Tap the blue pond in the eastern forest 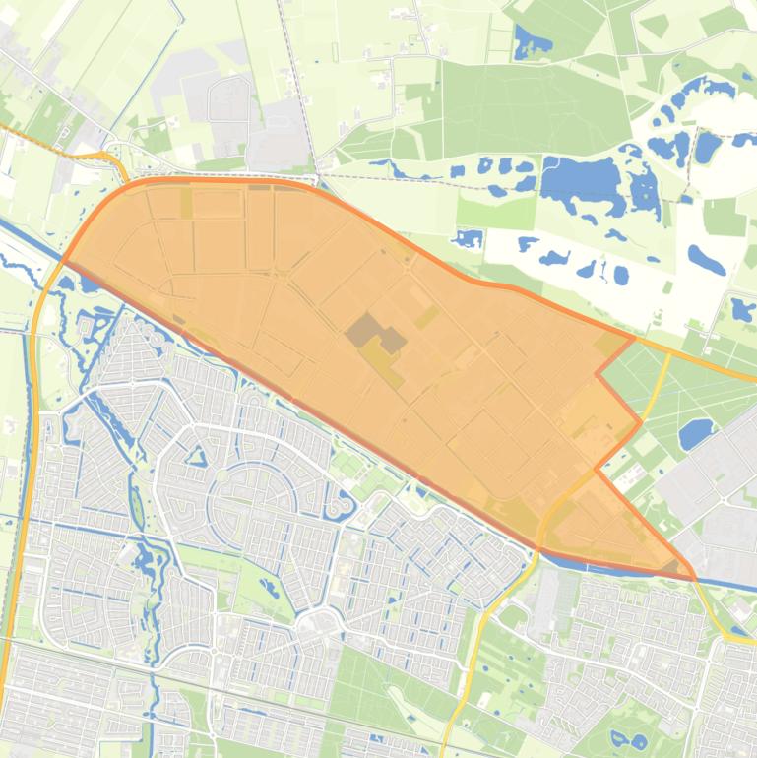pyautogui.click(x=696, y=432)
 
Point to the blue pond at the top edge pyautogui.click(x=533, y=42)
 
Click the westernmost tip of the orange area pyautogui.click(x=63, y=261)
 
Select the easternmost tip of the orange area pyautogui.click(x=693, y=575)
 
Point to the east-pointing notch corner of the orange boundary pyautogui.click(x=641, y=422)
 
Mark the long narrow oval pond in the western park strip pyautogui.click(x=136, y=507)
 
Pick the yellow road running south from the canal pyautogui.click(x=473, y=650)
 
